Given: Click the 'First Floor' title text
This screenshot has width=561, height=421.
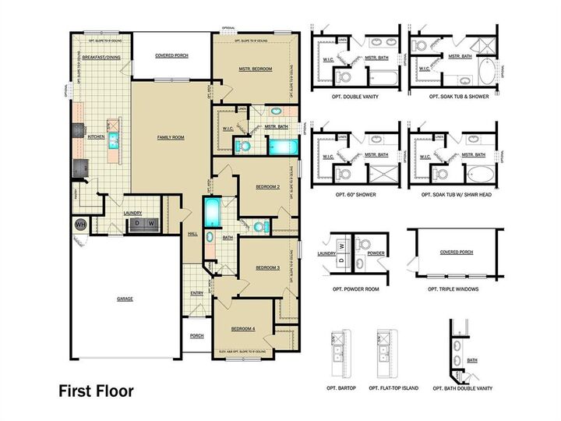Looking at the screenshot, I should pyautogui.click(x=96, y=391).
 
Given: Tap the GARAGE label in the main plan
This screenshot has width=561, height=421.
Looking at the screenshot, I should pyautogui.click(x=124, y=299).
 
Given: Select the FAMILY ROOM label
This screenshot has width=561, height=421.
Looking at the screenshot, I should pyautogui.click(x=170, y=137).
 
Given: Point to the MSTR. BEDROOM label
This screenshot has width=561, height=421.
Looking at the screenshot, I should pyautogui.click(x=256, y=69).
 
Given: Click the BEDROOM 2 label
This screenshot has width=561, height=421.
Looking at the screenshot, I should pyautogui.click(x=267, y=187).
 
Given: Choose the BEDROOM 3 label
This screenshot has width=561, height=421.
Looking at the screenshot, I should pyautogui.click(x=267, y=267).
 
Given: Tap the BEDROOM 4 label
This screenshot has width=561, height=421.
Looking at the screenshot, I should pyautogui.click(x=243, y=329).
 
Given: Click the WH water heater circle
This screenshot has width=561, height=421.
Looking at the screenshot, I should pyautogui.click(x=79, y=225).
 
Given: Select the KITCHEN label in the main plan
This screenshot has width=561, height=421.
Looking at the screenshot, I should pyautogui.click(x=96, y=136).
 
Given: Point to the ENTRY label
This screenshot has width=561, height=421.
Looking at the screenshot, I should pyautogui.click(x=197, y=293).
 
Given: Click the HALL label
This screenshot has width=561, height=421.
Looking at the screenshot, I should pyautogui.click(x=192, y=233).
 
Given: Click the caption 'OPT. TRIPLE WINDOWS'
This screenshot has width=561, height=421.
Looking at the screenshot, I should pyautogui.click(x=453, y=288).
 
